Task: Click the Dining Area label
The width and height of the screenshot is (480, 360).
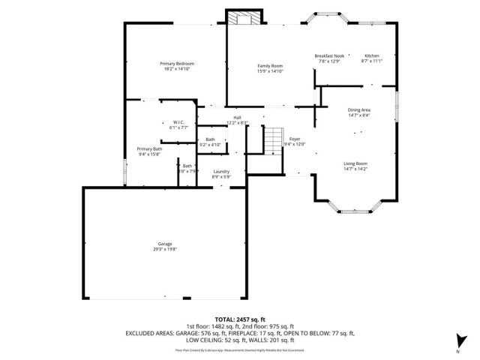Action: [359, 109]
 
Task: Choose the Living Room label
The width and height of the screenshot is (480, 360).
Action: [355, 163]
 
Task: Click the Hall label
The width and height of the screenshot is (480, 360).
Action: [237, 118]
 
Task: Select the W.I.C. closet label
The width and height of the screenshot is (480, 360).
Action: [178, 122]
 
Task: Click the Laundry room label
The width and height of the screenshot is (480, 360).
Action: [220, 171]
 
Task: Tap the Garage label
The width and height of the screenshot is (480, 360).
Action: [165, 244]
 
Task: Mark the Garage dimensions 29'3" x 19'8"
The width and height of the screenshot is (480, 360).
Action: [165, 249]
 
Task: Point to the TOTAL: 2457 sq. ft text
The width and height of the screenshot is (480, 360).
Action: [240, 319]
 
